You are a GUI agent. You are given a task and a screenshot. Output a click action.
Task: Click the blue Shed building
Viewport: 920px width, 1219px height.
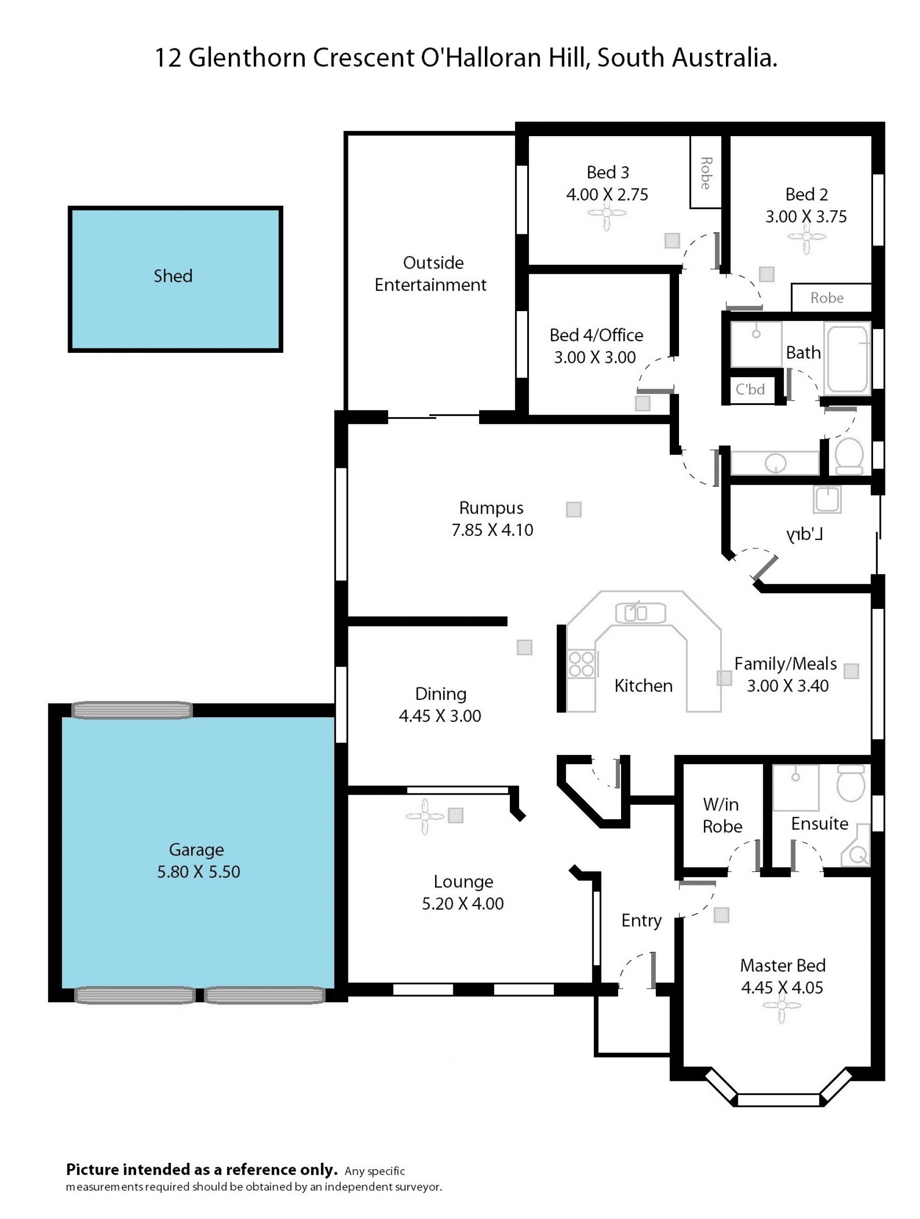tap(175, 279)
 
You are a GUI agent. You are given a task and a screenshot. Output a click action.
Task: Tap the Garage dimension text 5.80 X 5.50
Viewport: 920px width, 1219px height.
tap(198, 872)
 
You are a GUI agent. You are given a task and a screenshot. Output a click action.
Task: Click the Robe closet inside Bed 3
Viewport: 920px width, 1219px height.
tap(706, 172)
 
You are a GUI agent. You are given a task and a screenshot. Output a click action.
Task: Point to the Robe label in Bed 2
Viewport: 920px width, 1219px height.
tap(827, 298)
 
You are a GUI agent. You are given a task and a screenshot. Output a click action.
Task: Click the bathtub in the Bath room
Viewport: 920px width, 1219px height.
tap(847, 359)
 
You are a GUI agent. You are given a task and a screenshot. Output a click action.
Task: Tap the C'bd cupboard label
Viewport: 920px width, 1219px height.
tap(750, 390)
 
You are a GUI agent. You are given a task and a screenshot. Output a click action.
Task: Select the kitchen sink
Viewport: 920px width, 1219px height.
tap(640, 613)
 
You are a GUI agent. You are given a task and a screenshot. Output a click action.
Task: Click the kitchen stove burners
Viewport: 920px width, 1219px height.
tap(581, 663)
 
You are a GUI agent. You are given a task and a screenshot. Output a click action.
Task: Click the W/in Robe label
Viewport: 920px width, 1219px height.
tap(722, 815)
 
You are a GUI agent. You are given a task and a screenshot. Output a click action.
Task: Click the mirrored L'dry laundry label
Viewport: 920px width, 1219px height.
tap(805, 534)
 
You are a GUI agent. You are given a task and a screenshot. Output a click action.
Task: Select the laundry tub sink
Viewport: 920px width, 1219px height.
tap(827, 499)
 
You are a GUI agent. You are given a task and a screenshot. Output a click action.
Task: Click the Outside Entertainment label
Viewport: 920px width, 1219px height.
tap(431, 274)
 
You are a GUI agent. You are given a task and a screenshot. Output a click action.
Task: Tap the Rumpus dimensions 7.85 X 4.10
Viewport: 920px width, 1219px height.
tap(493, 530)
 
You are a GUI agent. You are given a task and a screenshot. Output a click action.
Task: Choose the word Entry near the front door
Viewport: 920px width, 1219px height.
tap(641, 921)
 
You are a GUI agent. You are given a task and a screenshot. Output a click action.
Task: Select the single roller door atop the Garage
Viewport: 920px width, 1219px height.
tap(132, 710)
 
